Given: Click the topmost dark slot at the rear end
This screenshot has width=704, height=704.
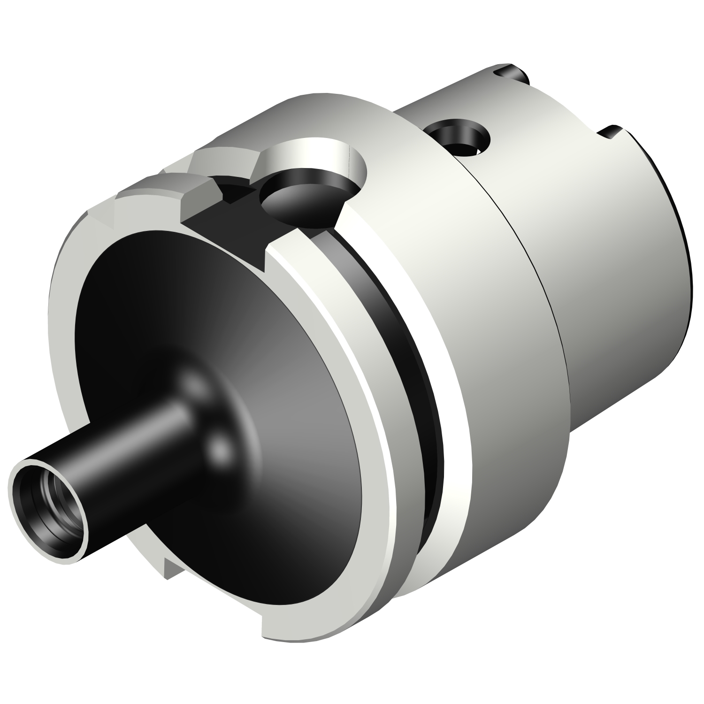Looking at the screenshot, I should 512,73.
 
